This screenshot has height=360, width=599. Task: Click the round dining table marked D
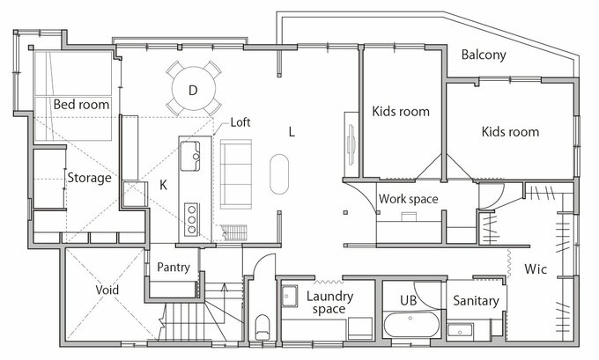[193, 89]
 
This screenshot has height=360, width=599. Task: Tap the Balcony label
[484, 55]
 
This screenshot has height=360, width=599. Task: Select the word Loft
[240, 122]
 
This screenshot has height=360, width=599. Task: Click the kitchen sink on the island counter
[190, 156]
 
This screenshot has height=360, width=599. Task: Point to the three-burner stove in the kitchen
[191, 219]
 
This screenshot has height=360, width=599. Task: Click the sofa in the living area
[236, 174]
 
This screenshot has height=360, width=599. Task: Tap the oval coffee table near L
[279, 174]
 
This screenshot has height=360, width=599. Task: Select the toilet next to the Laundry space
[263, 327]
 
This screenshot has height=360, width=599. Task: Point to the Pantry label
[174, 267]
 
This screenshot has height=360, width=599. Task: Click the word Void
[107, 290]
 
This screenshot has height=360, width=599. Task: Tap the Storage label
[89, 178]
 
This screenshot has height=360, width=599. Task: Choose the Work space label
[409, 199]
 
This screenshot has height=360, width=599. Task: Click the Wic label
[536, 268]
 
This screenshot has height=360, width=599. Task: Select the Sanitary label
[476, 301]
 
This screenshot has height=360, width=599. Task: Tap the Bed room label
[81, 104]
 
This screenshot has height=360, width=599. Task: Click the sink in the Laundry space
[290, 296]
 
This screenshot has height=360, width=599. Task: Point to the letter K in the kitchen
[163, 185]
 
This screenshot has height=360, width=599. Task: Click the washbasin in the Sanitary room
[461, 331]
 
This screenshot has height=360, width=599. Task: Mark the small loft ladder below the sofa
[233, 232]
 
